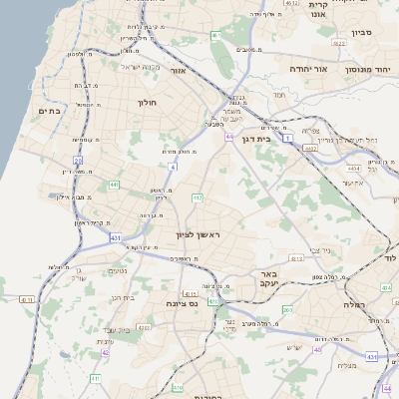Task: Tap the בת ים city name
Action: pos(50,111)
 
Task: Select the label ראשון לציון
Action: pos(195,234)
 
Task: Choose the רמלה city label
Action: pos(354,303)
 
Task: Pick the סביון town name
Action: pos(362,33)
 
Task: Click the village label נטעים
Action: pos(116,270)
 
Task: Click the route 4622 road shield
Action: pos(338,44)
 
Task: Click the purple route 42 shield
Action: pos(105,352)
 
